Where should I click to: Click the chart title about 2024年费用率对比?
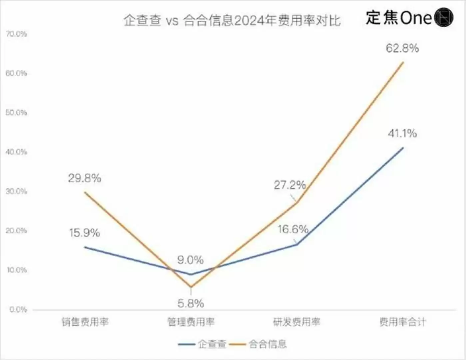pyautogui.click(x=232, y=21)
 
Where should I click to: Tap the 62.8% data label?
pyautogui.click(x=402, y=48)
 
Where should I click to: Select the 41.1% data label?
pyautogui.click(x=402, y=134)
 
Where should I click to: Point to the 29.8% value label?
pyautogui.click(x=85, y=178)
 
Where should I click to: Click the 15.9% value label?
pyautogui.click(x=85, y=233)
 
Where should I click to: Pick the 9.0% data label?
pyautogui.click(x=190, y=260)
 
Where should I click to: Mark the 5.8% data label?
pyautogui.click(x=191, y=303)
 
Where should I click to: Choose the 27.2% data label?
pyautogui.click(x=290, y=185)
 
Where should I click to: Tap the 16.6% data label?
pyautogui.click(x=293, y=229)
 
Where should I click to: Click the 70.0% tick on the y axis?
pyautogui.click(x=16, y=34)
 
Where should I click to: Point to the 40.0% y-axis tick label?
pyautogui.click(x=16, y=152)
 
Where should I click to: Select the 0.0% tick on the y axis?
pyautogui.click(x=18, y=310)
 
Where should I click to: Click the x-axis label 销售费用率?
pyautogui.click(x=85, y=322)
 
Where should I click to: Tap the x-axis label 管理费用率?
pyautogui.click(x=191, y=322)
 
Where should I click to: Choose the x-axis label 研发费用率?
pyautogui.click(x=296, y=322)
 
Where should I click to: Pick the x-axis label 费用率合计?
pyautogui.click(x=402, y=322)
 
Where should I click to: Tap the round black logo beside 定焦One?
pyautogui.click(x=444, y=17)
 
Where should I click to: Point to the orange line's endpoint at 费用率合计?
pyautogui.click(x=403, y=62)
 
